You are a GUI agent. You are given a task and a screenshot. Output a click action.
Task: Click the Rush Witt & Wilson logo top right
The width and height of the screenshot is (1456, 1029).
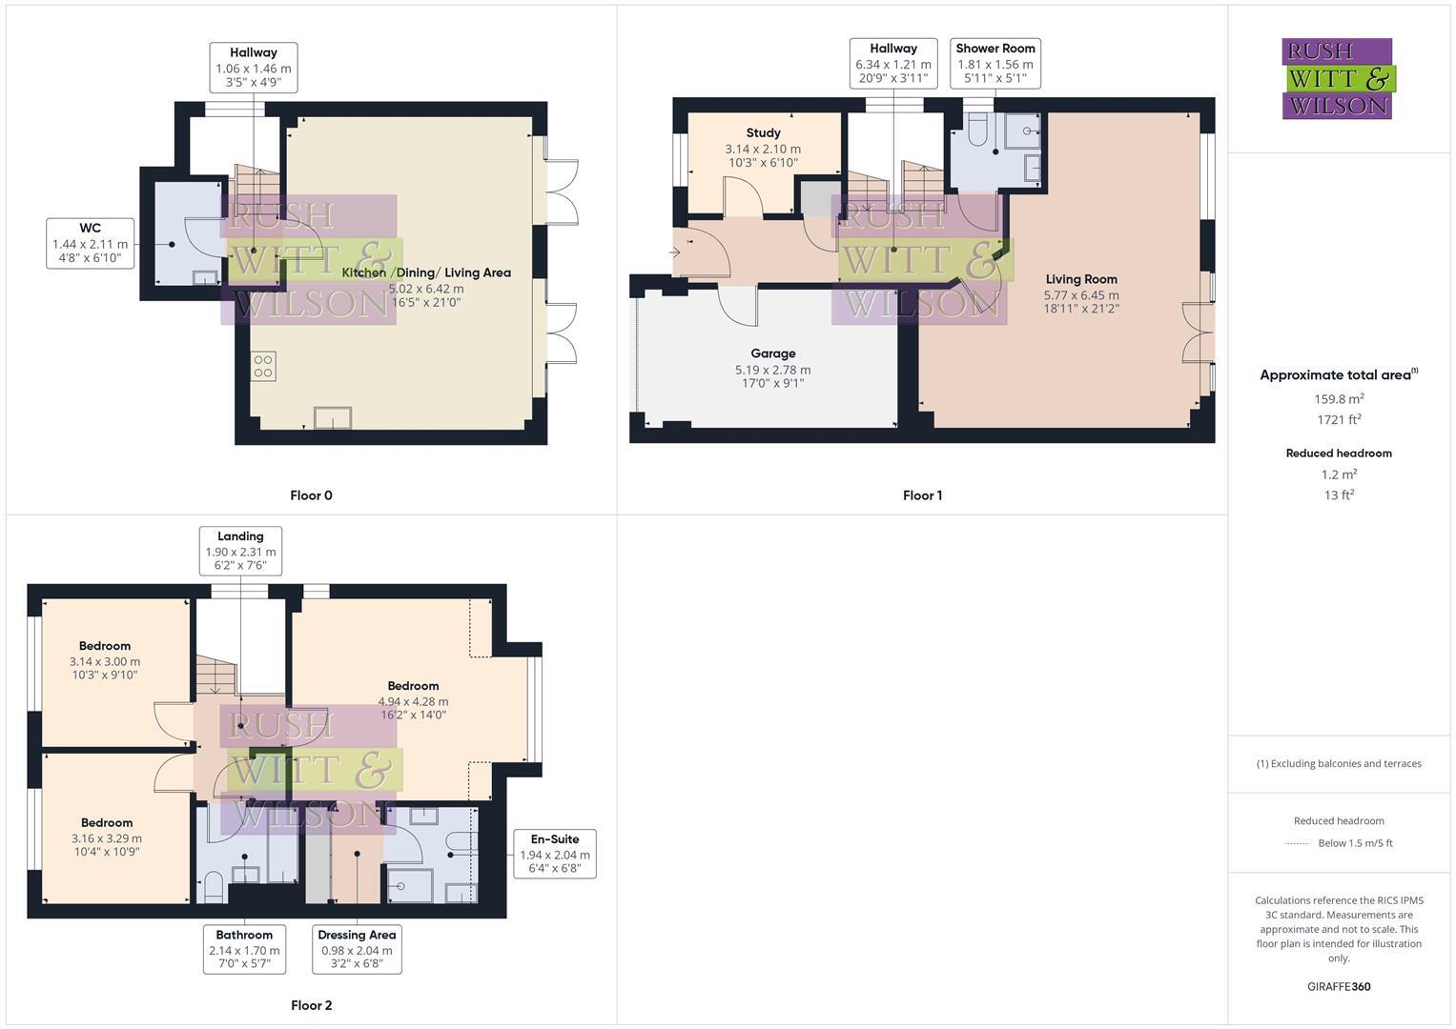pos(1337,78)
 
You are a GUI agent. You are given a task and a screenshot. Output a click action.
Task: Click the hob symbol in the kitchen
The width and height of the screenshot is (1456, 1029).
pos(264,366)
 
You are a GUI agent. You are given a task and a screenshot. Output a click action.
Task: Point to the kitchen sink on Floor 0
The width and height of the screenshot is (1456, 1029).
pos(333,418)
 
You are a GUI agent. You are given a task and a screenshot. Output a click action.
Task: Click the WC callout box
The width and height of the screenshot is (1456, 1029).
pos(90,243)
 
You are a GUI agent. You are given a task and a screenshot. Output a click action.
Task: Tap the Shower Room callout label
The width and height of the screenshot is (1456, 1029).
pos(995,63)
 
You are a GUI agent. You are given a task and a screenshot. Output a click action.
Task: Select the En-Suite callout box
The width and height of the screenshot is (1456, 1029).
pos(554,854)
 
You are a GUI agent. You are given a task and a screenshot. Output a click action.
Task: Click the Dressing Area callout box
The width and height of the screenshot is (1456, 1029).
pos(357,949)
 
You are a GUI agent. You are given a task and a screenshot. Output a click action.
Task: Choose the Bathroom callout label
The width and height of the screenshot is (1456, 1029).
pos(244,949)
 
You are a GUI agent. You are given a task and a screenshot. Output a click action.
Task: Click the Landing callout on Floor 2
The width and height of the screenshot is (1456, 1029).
pos(240,551)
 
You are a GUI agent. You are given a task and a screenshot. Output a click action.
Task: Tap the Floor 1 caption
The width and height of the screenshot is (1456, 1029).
pos(922,495)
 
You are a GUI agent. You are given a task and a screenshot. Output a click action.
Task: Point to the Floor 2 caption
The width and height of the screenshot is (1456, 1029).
pos(311,1005)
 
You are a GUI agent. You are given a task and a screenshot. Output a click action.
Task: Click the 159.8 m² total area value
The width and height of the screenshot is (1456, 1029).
pos(1339,399)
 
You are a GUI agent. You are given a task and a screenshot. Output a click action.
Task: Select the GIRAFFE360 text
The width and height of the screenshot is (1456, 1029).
pos(1339,986)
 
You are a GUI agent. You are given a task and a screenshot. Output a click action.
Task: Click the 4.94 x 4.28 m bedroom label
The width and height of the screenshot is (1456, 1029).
pos(413,700)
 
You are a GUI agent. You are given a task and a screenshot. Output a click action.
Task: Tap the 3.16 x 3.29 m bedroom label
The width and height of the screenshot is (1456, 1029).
pos(107,837)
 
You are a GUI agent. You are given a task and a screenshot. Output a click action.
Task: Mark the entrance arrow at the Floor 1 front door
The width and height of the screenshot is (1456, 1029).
pos(675,252)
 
